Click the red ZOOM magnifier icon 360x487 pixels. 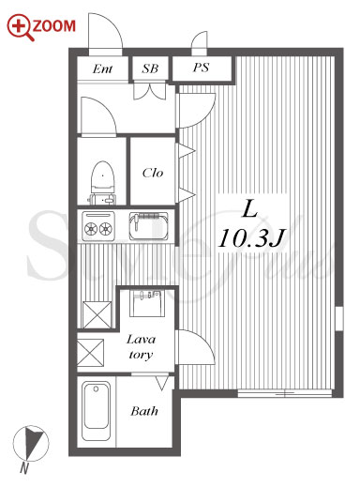tap(20, 27)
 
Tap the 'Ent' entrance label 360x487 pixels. tap(102, 68)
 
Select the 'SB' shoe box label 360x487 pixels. tap(150, 68)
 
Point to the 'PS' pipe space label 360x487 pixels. tap(201, 68)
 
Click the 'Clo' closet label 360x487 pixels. tap(153, 173)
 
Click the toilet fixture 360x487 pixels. tap(102, 183)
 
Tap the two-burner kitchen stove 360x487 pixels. tap(98, 224)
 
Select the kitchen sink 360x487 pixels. tap(149, 226)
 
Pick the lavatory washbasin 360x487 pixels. tap(146, 303)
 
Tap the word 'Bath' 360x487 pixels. tap(144, 411)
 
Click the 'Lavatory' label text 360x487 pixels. tap(141, 347)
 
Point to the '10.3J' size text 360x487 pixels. tap(252, 238)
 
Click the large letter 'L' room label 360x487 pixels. tap(250, 209)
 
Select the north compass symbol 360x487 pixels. tap(31, 443)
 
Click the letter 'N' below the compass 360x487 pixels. tap(24, 468)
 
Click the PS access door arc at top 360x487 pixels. tap(200, 38)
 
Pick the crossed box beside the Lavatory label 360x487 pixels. tap(90, 353)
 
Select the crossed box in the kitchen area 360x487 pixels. tap(97, 314)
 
